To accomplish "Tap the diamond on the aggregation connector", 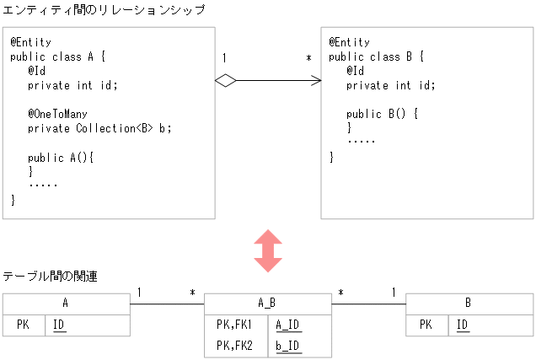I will (225, 80).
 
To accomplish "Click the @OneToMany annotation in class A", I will (58, 114).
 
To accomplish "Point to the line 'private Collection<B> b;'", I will (99, 129).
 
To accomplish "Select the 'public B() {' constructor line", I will (382, 114).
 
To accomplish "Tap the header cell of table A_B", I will (267, 304).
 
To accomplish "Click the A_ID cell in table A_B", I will (288, 324).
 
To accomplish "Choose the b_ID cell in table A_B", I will (288, 345).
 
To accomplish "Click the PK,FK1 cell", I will (234, 324).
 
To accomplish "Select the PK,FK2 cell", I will (234, 345).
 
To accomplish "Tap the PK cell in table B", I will (426, 325).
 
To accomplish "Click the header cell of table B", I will (469, 304).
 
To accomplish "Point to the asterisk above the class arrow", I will (308, 59).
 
